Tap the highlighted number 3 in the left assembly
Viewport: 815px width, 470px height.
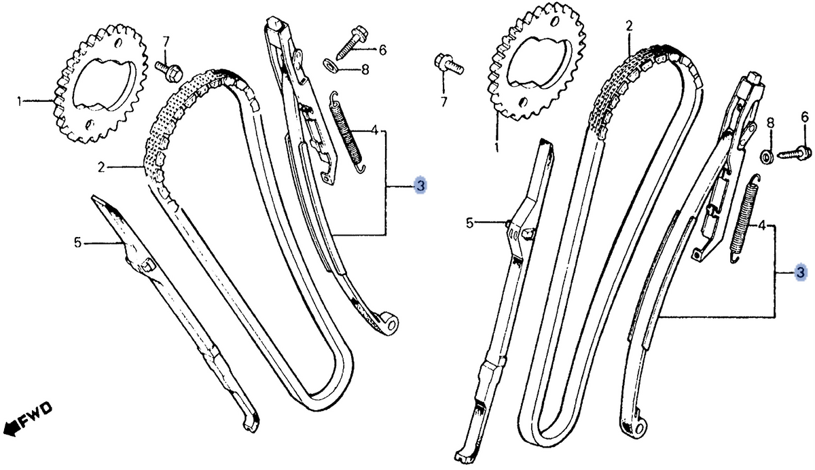coord(420,186)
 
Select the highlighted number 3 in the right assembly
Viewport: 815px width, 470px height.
coord(801,272)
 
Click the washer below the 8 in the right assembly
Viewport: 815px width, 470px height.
coord(767,157)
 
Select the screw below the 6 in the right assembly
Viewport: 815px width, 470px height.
coord(795,153)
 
